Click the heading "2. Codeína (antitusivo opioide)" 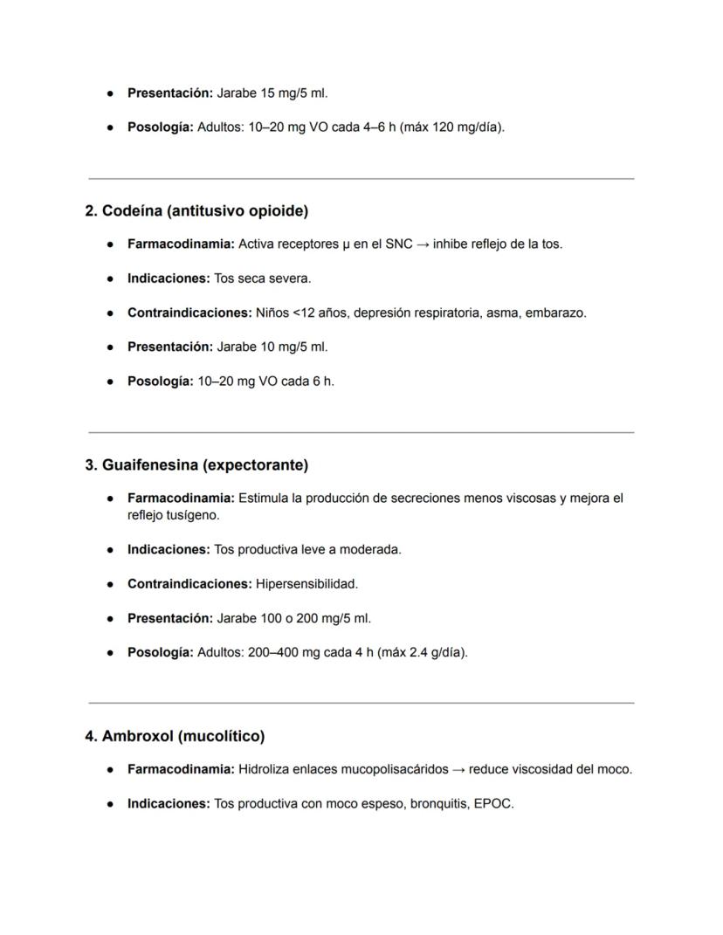(196, 211)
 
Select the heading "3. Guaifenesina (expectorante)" (196, 465)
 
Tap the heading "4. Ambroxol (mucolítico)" (175, 736)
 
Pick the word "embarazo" (555, 313)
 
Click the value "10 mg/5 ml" (294, 347)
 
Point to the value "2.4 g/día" (437, 652)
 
